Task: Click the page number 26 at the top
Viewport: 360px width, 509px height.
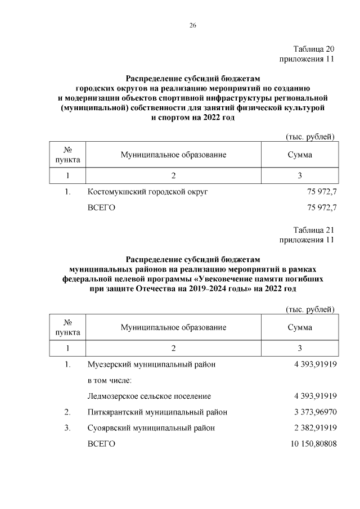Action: pyautogui.click(x=193, y=25)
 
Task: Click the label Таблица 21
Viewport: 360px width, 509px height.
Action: pyautogui.click(x=314, y=230)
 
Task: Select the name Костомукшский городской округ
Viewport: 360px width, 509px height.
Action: pyautogui.click(x=148, y=192)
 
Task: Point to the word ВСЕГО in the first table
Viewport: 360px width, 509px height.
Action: pyautogui.click(x=101, y=208)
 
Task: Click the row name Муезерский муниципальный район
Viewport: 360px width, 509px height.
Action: pyautogui.click(x=152, y=364)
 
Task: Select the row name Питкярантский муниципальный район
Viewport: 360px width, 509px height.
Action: pyautogui.click(x=157, y=412)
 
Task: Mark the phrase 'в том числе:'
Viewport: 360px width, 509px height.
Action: pyautogui.click(x=109, y=380)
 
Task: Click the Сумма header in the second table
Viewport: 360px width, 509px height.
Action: pyautogui.click(x=299, y=327)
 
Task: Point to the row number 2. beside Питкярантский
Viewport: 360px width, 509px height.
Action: pyautogui.click(x=67, y=412)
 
